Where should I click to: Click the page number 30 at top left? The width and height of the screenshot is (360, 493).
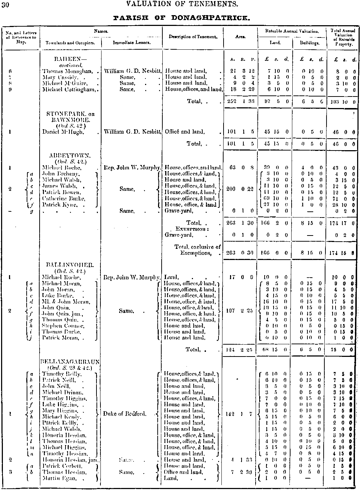click(5, 5)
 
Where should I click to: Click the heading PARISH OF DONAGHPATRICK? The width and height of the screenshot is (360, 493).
click(181, 18)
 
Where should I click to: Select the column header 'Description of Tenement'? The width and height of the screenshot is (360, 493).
click(193, 37)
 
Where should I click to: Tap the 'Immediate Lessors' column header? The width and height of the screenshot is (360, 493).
click(132, 42)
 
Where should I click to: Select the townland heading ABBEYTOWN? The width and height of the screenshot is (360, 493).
click(70, 156)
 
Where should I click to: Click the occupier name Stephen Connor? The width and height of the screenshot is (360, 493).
click(61, 326)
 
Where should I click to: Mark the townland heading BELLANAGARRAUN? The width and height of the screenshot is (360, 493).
click(70, 362)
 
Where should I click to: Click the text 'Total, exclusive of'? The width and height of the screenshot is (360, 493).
click(198, 247)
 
